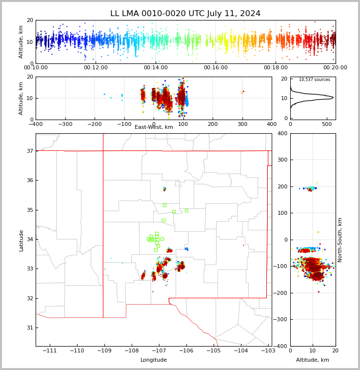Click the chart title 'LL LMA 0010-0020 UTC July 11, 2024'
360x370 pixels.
[185, 14]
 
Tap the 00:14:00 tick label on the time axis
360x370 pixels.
[156, 68]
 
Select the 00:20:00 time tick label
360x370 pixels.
[336, 68]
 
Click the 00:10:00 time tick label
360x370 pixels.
[36, 68]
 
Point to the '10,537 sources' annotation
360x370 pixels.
[314, 80]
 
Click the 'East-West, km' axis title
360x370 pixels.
[154, 127]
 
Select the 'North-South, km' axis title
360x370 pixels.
[340, 240]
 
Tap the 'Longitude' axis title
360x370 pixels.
[154, 360]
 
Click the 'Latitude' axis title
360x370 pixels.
[21, 240]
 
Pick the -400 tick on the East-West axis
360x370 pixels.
[36, 124]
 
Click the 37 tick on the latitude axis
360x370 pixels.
[29, 151]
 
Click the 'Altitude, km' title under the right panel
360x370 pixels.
[313, 360]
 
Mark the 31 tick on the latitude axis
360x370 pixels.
[29, 328]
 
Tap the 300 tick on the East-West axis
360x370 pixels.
[242, 124]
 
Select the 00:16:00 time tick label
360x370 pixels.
[216, 68]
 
